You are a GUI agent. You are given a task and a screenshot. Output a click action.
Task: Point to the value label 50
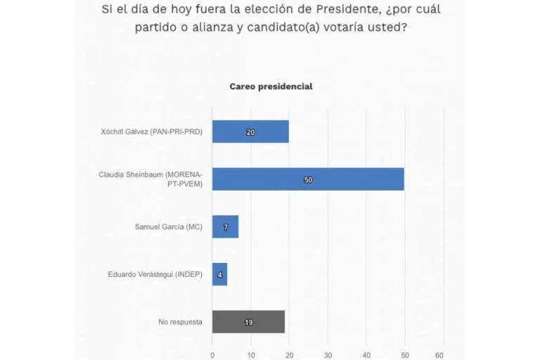pos(308,179)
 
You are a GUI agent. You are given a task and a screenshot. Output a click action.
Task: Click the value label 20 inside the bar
pos(250,131)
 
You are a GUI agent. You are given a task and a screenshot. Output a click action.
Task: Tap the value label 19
pos(248,322)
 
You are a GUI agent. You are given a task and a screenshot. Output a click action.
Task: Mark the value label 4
pos(219,274)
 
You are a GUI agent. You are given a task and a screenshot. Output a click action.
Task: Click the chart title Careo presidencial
pos(271,86)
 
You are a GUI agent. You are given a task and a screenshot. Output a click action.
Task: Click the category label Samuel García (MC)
pos(169,226)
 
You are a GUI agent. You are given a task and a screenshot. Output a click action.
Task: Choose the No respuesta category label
pos(181,322)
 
